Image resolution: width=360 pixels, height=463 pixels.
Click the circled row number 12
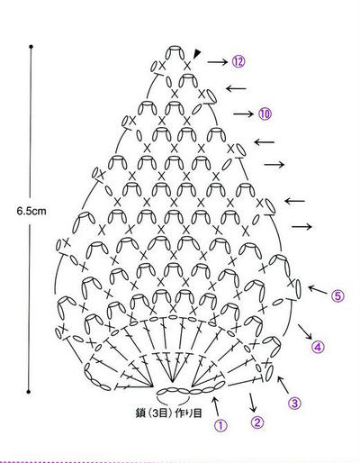[x=238, y=61]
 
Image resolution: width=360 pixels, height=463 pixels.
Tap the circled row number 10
[x=264, y=113]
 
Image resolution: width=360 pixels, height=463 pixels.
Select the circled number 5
[x=337, y=296]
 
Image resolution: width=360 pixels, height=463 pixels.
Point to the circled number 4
[x=318, y=347]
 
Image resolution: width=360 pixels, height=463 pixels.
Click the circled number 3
[x=294, y=403]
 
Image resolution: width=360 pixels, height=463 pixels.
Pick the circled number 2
[x=257, y=422]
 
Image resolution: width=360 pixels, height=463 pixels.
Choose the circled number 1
[x=220, y=425]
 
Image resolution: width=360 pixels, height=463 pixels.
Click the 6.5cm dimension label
[x=31, y=211]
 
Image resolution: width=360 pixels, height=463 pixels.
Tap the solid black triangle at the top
[x=197, y=54]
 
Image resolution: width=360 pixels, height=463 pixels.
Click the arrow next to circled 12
[x=218, y=62]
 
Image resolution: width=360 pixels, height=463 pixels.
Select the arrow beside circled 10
[x=244, y=114]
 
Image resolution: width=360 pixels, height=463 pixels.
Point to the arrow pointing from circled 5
[x=318, y=290]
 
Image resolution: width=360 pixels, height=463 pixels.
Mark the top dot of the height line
[x=31, y=47]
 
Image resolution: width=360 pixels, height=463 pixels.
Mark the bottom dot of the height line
[x=29, y=392]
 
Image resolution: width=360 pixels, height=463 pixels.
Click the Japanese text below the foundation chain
[x=168, y=413]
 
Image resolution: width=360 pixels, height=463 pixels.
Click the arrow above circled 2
[x=253, y=402]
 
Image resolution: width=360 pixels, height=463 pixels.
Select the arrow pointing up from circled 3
[x=283, y=385]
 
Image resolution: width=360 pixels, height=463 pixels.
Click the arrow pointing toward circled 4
[x=305, y=331]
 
